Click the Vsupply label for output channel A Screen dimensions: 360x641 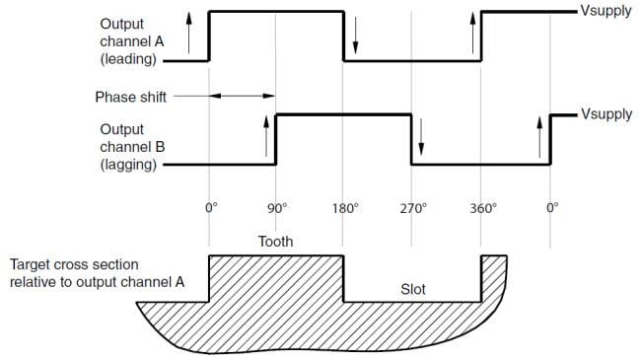[x=606, y=12]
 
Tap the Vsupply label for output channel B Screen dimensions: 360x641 [x=606, y=114]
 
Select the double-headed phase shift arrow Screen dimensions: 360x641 [x=242, y=96]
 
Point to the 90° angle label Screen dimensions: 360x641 [x=277, y=209]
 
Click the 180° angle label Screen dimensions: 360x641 [x=344, y=209]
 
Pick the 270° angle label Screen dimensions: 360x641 [x=412, y=209]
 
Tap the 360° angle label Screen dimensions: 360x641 [x=482, y=209]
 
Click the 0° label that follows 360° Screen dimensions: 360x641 [x=551, y=209]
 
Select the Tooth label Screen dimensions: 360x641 [x=275, y=241]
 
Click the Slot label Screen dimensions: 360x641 [x=413, y=290]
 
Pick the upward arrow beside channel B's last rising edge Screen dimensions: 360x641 [x=539, y=137]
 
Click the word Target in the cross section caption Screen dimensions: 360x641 [x=31, y=265]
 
